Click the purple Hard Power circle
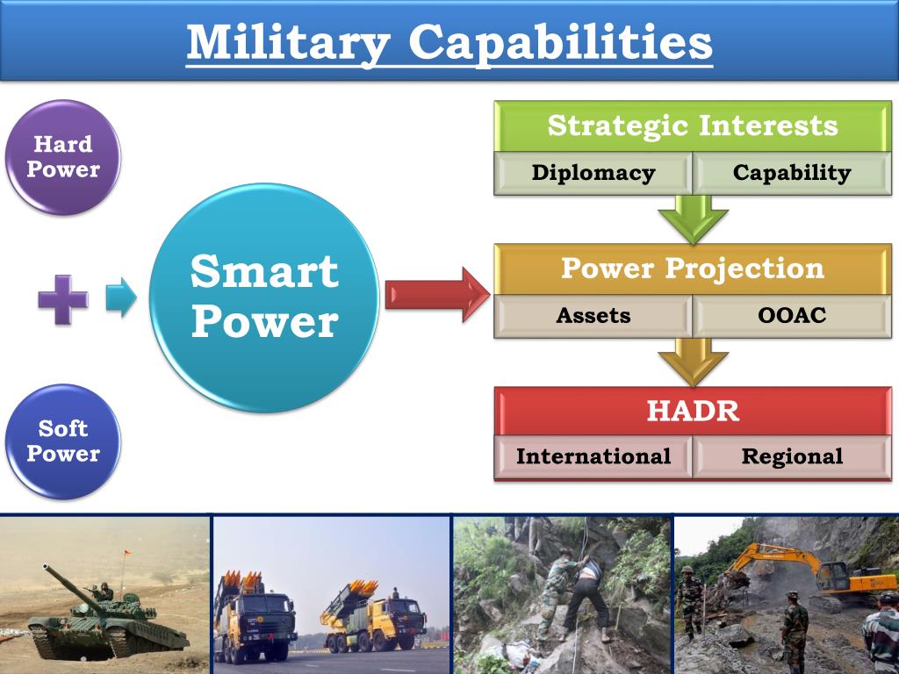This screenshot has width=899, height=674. (63, 158)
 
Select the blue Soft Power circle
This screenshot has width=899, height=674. (63, 441)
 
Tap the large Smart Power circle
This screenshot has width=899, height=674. (264, 298)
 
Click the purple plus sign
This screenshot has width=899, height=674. (63, 299)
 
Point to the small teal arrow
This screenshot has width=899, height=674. (121, 297)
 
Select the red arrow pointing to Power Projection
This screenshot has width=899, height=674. (437, 295)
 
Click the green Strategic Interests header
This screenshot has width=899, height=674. (693, 126)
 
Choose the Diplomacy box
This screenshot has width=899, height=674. (593, 173)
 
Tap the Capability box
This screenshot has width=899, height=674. (792, 173)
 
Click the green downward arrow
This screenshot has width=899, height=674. (694, 219)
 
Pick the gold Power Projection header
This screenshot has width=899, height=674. (693, 269)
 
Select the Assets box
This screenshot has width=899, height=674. (593, 316)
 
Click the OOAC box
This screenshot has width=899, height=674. (792, 316)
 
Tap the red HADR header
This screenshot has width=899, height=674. (693, 411)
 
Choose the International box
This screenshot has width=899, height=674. (593, 456)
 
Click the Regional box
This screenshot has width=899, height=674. (792, 456)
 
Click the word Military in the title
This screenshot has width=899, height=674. (288, 44)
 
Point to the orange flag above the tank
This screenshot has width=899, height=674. (127, 554)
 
